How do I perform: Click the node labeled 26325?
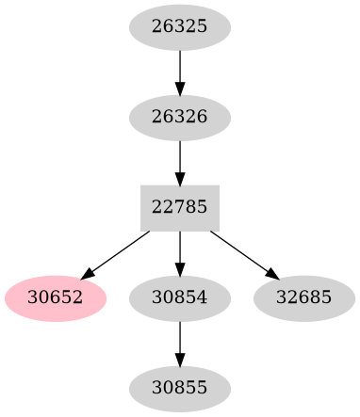[179, 28]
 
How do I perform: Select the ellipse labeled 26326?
[179, 118]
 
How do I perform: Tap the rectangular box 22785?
[179, 208]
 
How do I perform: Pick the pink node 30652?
[56, 297]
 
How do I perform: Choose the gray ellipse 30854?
[179, 297]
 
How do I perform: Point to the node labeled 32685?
[304, 297]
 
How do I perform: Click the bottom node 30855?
[179, 387]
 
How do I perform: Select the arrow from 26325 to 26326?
[179, 72]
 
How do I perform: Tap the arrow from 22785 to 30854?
[179, 252]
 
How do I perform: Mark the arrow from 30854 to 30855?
[179, 342]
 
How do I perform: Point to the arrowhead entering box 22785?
[179, 178]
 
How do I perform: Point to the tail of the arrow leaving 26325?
[179, 53]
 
